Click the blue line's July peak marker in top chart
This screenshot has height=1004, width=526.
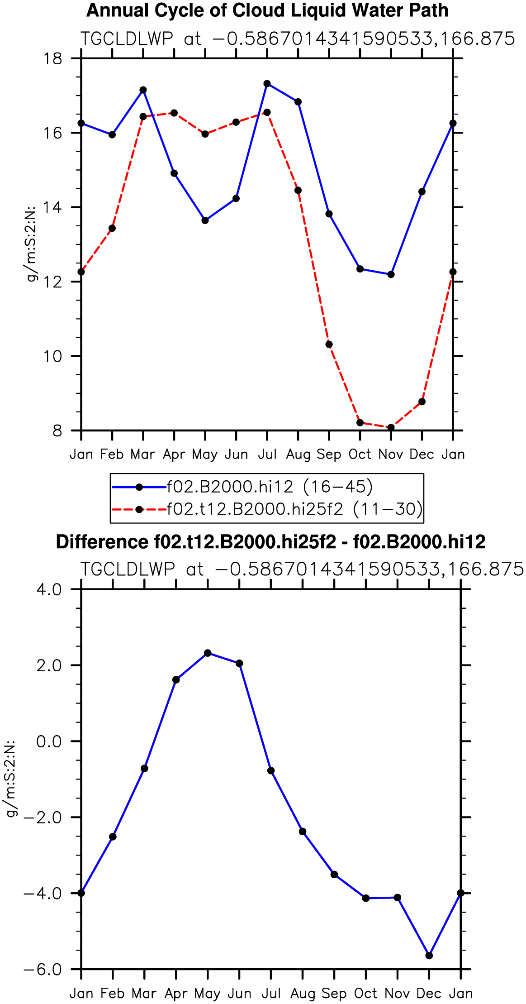267,84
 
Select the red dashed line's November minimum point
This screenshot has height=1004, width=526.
391,427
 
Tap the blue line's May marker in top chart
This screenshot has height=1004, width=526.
205,220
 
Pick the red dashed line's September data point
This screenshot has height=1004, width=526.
329,344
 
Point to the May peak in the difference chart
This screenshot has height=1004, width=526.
208,653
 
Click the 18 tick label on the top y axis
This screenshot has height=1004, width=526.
53,58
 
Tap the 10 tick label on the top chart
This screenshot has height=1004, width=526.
53,356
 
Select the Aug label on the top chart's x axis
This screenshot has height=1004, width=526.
298,454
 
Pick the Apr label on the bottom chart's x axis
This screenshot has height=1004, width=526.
176,994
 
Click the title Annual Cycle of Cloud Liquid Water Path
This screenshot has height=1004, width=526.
267,10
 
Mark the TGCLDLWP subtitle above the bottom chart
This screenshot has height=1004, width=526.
128,569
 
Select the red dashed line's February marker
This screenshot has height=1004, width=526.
112,228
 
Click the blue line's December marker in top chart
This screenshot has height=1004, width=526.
422,192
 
